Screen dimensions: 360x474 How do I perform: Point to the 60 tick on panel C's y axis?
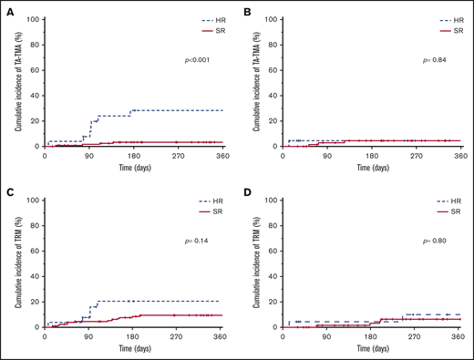click(36, 251)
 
